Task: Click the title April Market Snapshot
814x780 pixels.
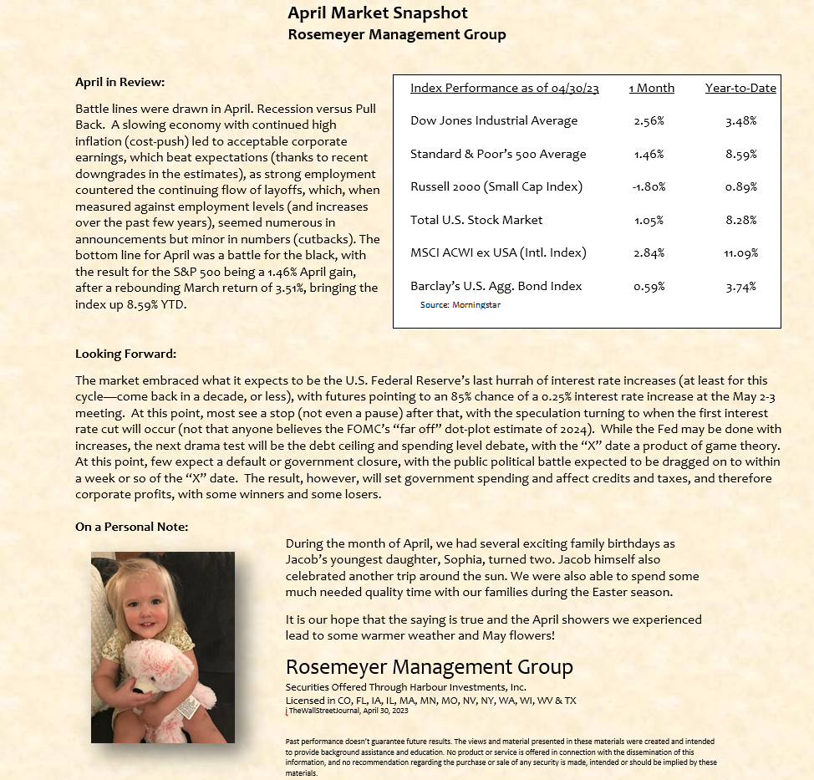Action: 378,13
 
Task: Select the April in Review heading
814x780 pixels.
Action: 120,82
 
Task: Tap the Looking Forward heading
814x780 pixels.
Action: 125,354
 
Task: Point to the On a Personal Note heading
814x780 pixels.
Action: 131,527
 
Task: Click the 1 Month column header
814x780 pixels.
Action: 651,88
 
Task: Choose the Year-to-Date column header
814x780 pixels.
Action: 740,88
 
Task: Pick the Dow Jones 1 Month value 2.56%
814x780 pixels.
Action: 649,121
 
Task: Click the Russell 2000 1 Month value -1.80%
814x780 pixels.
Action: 649,186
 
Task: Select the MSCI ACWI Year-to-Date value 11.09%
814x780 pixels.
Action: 740,252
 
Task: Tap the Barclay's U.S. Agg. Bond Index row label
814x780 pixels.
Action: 496,286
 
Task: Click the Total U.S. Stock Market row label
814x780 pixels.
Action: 476,220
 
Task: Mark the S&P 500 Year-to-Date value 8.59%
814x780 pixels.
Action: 741,154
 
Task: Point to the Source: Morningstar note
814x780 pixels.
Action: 460,305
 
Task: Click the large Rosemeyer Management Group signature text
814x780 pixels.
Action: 430,667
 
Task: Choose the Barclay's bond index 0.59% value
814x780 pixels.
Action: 649,286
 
